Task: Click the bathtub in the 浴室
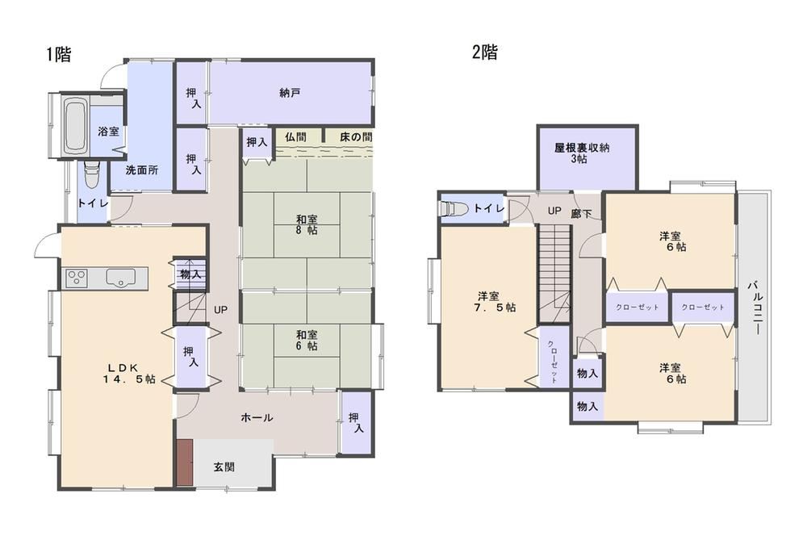[75, 126]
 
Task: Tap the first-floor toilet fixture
[92, 175]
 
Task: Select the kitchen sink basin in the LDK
[120, 278]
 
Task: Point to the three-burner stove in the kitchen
[76, 278]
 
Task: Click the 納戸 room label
[291, 93]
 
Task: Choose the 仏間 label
[295, 137]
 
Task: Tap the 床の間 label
[356, 137]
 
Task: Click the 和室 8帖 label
[307, 225]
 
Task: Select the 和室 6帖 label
[307, 340]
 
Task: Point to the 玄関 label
[224, 467]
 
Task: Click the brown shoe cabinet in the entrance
[185, 462]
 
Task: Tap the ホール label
[257, 417]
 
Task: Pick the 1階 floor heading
[59, 54]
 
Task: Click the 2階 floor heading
[485, 52]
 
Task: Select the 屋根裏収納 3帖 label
[582, 153]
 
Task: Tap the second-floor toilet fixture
[453, 209]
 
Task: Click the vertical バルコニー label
[755, 308]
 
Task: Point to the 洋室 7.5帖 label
[496, 302]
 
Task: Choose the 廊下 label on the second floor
[581, 213]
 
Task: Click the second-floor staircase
[555, 274]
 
